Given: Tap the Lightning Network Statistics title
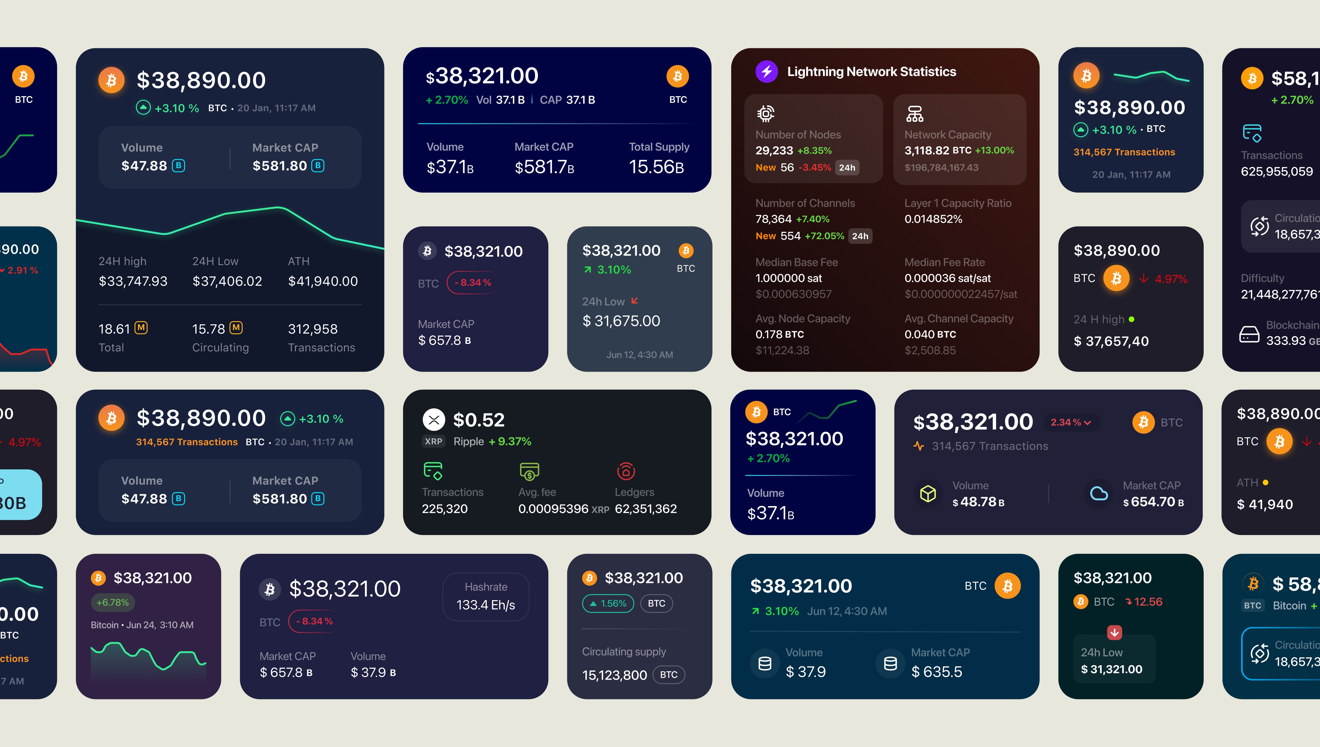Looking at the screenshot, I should [871, 72].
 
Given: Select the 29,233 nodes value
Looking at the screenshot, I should [774, 150].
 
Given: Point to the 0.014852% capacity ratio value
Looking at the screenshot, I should [933, 219].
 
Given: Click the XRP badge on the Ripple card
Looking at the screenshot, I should [433, 441].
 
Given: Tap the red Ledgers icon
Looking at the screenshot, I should [626, 471].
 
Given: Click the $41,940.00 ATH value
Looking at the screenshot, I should [323, 281].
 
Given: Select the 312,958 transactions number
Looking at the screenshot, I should [313, 329].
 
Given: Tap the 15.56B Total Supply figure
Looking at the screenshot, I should [656, 167].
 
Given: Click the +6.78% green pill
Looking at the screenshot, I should [113, 602].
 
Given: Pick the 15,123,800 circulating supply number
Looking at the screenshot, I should [614, 675].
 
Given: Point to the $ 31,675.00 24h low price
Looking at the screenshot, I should [621, 321].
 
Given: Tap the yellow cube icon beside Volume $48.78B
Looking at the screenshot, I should [928, 494].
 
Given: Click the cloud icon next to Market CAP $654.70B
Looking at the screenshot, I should [1099, 494].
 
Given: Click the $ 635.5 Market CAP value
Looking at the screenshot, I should [937, 672].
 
